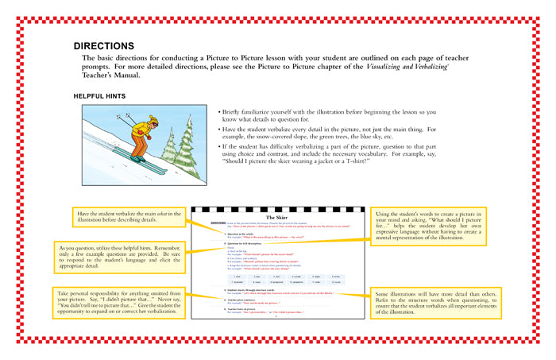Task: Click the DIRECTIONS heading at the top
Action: pos(104,46)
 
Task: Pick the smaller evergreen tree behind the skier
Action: pos(169,146)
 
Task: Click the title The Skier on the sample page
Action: pos(276,217)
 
